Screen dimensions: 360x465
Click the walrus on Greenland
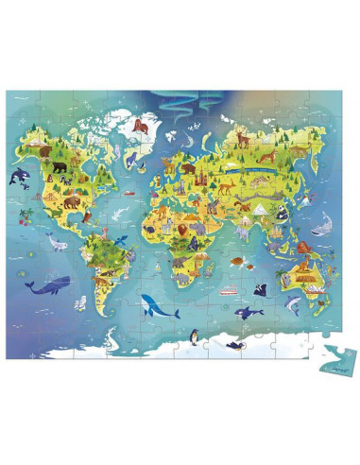coord(138,123)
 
